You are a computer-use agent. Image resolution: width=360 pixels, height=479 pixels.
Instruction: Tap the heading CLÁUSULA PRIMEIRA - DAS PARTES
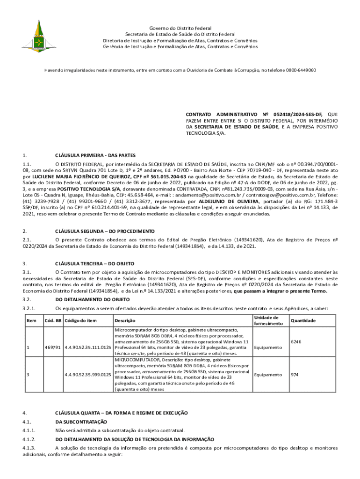[x=95, y=155]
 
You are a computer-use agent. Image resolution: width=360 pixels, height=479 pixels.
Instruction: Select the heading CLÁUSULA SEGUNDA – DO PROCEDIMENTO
[x=105, y=231]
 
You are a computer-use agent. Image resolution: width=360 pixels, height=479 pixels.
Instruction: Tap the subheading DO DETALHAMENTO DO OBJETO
[x=93, y=299]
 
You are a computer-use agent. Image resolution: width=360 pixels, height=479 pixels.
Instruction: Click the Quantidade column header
[x=303, y=320]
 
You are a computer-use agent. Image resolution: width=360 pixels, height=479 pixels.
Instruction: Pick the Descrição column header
[x=125, y=320]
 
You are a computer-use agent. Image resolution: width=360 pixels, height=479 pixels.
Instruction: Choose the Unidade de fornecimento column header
[x=266, y=320]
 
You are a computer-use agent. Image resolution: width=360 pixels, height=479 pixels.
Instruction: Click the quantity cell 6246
[x=296, y=341]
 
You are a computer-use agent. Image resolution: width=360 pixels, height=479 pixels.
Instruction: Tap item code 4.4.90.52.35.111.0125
[x=88, y=348]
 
